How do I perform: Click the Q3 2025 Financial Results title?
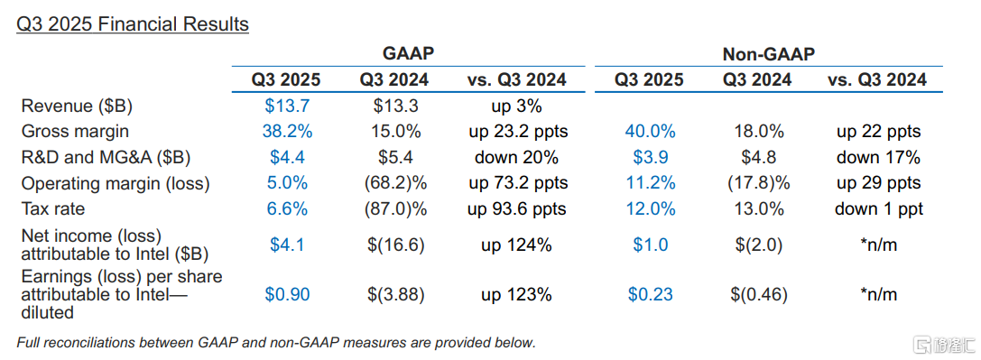(134, 24)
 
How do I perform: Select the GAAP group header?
(409, 54)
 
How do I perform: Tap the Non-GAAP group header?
(769, 54)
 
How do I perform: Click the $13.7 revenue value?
(287, 106)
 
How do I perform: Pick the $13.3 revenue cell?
(396, 106)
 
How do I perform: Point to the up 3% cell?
(516, 106)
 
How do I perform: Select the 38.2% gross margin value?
(287, 132)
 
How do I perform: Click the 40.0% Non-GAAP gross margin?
(650, 132)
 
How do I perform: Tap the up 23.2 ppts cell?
(517, 132)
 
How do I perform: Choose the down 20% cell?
(516, 158)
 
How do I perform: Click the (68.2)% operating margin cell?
(396, 184)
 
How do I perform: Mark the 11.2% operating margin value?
(650, 183)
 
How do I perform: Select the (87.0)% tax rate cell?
(396, 209)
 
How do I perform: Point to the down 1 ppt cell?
(879, 209)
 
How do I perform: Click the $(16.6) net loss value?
(396, 245)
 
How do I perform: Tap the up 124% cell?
(516, 245)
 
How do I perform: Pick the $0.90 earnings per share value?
(287, 294)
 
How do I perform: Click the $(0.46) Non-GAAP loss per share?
(758, 294)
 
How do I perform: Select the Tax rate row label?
(54, 209)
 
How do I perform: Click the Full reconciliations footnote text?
(276, 343)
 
